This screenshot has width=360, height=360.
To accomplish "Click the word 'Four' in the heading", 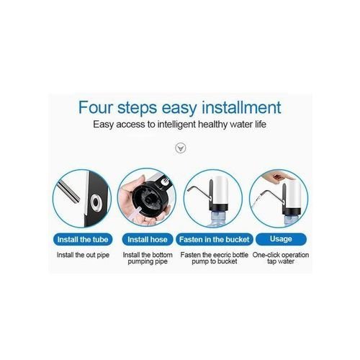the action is coord(96,107).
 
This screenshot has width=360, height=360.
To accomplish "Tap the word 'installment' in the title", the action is coord(241,107).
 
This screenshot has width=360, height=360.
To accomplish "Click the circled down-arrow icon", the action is coord(181,148).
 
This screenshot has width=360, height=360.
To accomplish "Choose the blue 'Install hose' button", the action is coord(148,239).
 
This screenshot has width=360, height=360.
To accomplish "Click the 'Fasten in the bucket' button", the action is coord(215,239).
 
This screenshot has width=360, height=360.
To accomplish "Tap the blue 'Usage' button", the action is coord(281,239).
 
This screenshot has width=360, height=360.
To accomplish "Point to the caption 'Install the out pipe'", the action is coord(83,255).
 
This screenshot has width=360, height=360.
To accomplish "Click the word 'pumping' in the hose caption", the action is coord(140,261).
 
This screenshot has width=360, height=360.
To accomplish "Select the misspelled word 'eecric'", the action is coord(221,255).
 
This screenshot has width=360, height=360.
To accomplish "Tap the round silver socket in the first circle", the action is coord(96,203).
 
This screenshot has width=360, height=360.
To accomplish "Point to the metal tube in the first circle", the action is coord(68,192).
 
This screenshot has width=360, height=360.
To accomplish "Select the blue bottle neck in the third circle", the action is coord(218,217).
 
